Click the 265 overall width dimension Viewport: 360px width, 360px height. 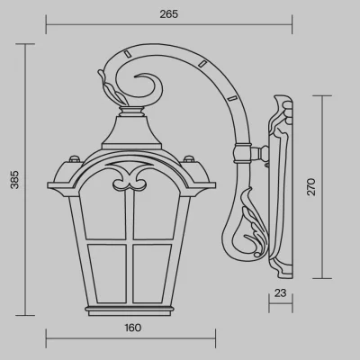(169, 14)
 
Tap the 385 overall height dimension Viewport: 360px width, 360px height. (14, 180)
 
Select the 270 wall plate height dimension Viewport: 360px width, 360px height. (311, 187)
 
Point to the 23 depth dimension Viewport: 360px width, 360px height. (280, 292)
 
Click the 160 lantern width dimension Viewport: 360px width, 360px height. (133, 328)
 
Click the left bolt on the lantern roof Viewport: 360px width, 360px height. (74, 158)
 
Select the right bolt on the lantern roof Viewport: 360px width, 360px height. (189, 158)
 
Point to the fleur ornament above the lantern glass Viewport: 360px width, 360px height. (130, 178)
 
